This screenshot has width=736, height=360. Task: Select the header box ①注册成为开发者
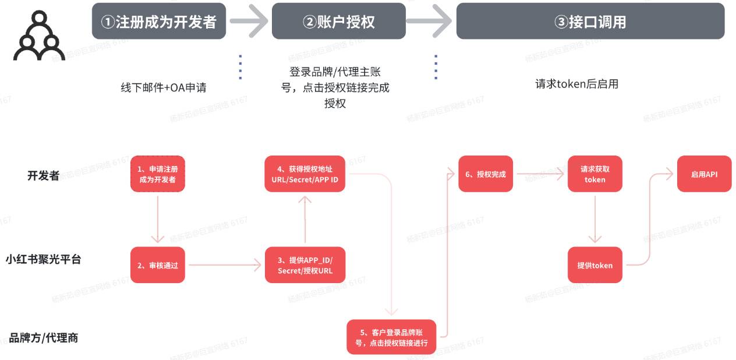click(x=158, y=22)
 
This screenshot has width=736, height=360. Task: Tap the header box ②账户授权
click(x=338, y=22)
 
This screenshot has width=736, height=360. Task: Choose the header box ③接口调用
click(x=590, y=22)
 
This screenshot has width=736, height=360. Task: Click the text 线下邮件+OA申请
click(x=164, y=88)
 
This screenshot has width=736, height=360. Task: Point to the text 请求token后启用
click(x=576, y=84)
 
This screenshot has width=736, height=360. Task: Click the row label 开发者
click(x=44, y=175)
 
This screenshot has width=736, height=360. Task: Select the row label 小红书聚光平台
click(x=44, y=259)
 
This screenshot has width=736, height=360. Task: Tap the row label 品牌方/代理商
click(x=44, y=337)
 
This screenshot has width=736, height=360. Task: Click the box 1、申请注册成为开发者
click(x=157, y=174)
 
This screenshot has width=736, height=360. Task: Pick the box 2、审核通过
click(x=157, y=265)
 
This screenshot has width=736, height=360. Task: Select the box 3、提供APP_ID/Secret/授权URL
click(x=305, y=265)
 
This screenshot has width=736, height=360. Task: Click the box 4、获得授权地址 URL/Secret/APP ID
click(x=305, y=174)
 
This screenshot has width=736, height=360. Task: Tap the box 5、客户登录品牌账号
click(x=391, y=337)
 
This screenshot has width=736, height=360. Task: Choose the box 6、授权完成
click(x=486, y=174)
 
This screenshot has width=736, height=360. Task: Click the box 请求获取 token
click(x=595, y=174)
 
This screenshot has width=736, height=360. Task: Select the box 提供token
click(x=595, y=265)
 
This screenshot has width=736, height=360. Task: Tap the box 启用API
click(x=704, y=174)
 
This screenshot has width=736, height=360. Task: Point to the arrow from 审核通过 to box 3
click(x=225, y=265)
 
